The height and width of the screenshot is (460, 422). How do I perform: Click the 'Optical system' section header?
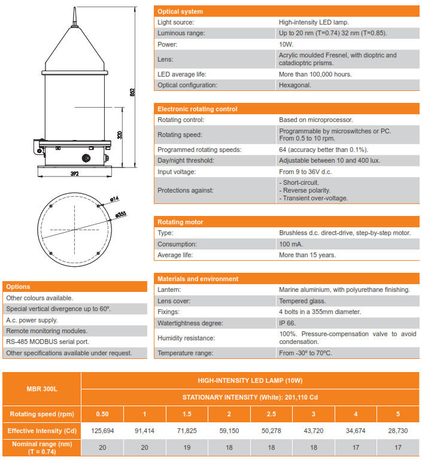click(x=180, y=11)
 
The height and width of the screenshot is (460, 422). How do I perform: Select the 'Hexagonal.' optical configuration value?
click(x=295, y=86)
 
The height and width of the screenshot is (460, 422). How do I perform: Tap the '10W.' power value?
click(x=286, y=44)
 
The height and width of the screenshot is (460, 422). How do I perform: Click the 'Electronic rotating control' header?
click(x=197, y=109)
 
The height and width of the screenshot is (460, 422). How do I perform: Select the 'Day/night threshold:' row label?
click(x=186, y=160)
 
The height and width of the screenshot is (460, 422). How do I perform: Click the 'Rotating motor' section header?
click(x=180, y=222)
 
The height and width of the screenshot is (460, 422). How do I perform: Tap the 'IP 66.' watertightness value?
click(x=288, y=323)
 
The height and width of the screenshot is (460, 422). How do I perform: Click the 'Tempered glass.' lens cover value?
click(x=302, y=301)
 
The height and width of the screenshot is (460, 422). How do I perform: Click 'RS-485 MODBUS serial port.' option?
click(x=48, y=342)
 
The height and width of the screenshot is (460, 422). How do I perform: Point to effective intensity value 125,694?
click(x=102, y=431)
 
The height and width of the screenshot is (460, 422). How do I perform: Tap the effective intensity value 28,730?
click(x=398, y=431)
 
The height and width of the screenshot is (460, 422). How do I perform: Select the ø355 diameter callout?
click(x=121, y=214)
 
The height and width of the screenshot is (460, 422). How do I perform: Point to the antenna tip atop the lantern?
click(x=75, y=10)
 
